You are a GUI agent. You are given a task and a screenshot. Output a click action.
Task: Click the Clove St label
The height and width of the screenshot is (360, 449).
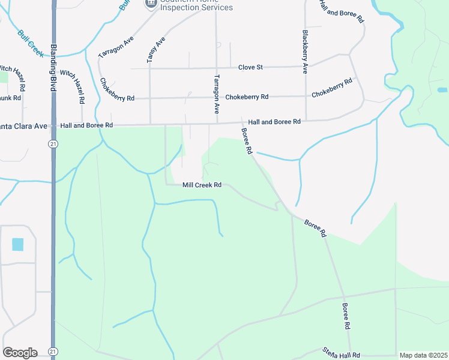tap(250, 67)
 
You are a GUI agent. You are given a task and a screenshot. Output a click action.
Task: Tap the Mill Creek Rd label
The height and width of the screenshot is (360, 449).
tap(202, 185)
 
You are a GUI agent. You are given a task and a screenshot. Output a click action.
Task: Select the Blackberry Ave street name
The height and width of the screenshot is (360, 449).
tap(305, 52)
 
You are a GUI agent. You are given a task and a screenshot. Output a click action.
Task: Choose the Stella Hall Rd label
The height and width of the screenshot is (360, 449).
tap(340, 353)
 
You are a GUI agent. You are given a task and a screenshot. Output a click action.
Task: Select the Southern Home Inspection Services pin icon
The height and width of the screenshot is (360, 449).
tap(150, 4)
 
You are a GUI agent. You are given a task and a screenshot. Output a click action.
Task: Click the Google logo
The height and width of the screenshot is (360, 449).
tap(20, 353)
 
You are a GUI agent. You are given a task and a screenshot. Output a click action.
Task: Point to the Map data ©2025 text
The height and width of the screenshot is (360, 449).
tap(423, 355)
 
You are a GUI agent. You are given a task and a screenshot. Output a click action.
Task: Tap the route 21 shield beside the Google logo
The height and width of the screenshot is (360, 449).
tap(53, 351)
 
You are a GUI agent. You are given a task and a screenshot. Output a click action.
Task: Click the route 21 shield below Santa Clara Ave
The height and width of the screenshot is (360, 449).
tap(53, 144)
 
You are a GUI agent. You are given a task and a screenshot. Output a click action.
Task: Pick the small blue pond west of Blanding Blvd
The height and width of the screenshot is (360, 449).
tap(17, 244)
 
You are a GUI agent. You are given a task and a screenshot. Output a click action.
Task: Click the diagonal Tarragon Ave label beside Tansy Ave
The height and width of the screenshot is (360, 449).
tap(116, 46)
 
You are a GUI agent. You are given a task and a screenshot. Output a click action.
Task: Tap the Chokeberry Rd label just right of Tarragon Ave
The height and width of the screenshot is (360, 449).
tap(247, 97)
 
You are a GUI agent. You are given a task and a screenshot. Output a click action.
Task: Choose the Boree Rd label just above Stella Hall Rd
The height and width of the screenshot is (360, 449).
tap(346, 316)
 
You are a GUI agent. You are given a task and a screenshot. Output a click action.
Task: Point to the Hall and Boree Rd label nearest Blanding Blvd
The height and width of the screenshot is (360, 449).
tap(87, 125)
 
